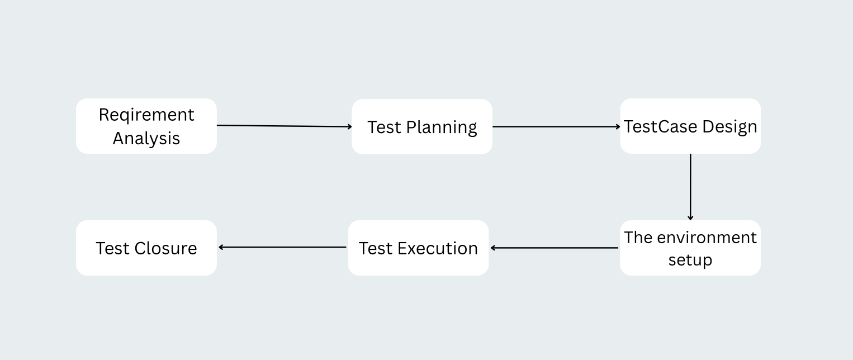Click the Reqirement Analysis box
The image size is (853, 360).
tap(146, 126)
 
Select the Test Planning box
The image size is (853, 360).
tap(422, 126)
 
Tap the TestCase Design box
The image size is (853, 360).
tap(690, 126)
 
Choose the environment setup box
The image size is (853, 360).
tap(690, 248)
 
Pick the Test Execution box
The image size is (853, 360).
tap(418, 248)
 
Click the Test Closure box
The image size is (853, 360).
tap(146, 248)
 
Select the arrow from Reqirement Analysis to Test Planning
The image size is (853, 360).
tap(285, 126)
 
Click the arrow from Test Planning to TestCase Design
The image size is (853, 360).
tap(556, 126)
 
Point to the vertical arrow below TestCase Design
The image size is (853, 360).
tap(690, 187)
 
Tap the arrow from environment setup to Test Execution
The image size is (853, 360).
tap(555, 248)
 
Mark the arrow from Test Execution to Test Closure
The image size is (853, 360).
tap(282, 247)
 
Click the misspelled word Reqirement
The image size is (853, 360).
tap(146, 115)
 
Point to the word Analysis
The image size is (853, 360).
tap(146, 138)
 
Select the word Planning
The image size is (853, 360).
tap(442, 127)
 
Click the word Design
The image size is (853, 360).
tap(729, 127)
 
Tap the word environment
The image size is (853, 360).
tap(707, 238)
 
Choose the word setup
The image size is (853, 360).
tap(690, 260)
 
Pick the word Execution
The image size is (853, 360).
tap(438, 248)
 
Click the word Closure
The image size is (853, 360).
tap(165, 248)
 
